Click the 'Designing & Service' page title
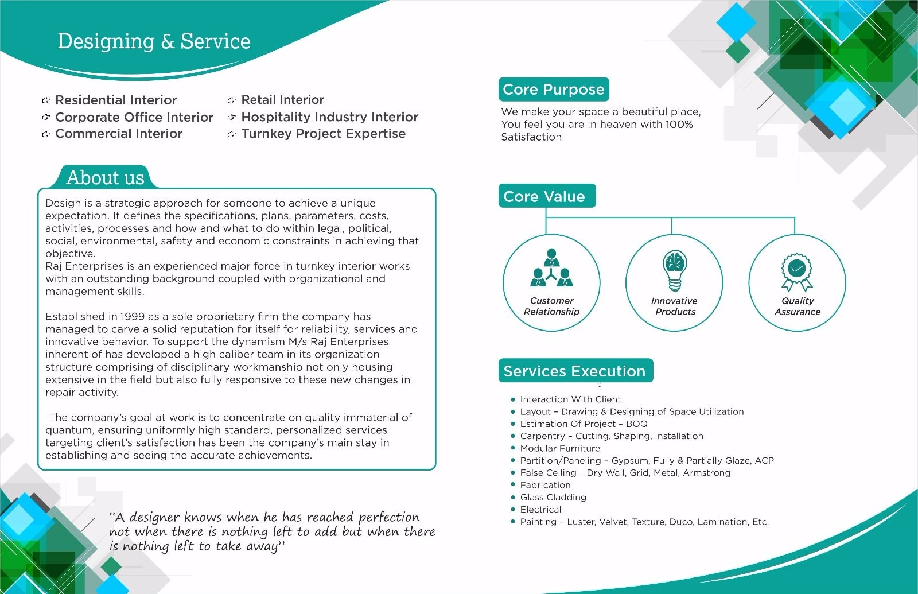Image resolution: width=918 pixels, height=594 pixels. click(x=154, y=41)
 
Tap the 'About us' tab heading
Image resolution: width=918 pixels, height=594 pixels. click(x=105, y=177)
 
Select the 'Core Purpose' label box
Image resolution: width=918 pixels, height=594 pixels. click(x=553, y=90)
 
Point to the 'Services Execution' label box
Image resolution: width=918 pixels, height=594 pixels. click(x=574, y=371)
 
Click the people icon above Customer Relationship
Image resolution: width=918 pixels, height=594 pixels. click(x=551, y=268)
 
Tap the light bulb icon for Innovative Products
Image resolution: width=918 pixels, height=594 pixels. click(x=675, y=270)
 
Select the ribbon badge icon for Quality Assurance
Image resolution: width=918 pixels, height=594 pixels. click(x=796, y=271)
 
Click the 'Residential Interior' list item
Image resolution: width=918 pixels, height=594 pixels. click(x=116, y=100)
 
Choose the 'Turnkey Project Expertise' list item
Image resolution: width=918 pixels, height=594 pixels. click(x=323, y=134)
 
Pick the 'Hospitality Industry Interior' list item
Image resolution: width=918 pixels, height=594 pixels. click(x=329, y=117)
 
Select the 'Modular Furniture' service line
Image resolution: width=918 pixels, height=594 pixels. click(x=560, y=448)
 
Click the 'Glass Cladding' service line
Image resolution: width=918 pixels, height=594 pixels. click(x=553, y=498)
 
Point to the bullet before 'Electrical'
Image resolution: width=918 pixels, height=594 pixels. click(x=513, y=510)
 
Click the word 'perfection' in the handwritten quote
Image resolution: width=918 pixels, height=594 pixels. click(x=389, y=517)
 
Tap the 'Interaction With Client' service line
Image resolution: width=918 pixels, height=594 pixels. click(x=570, y=399)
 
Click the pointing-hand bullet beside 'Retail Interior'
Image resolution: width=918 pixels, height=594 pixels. click(x=232, y=100)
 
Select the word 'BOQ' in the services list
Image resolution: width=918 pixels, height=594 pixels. click(x=637, y=424)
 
